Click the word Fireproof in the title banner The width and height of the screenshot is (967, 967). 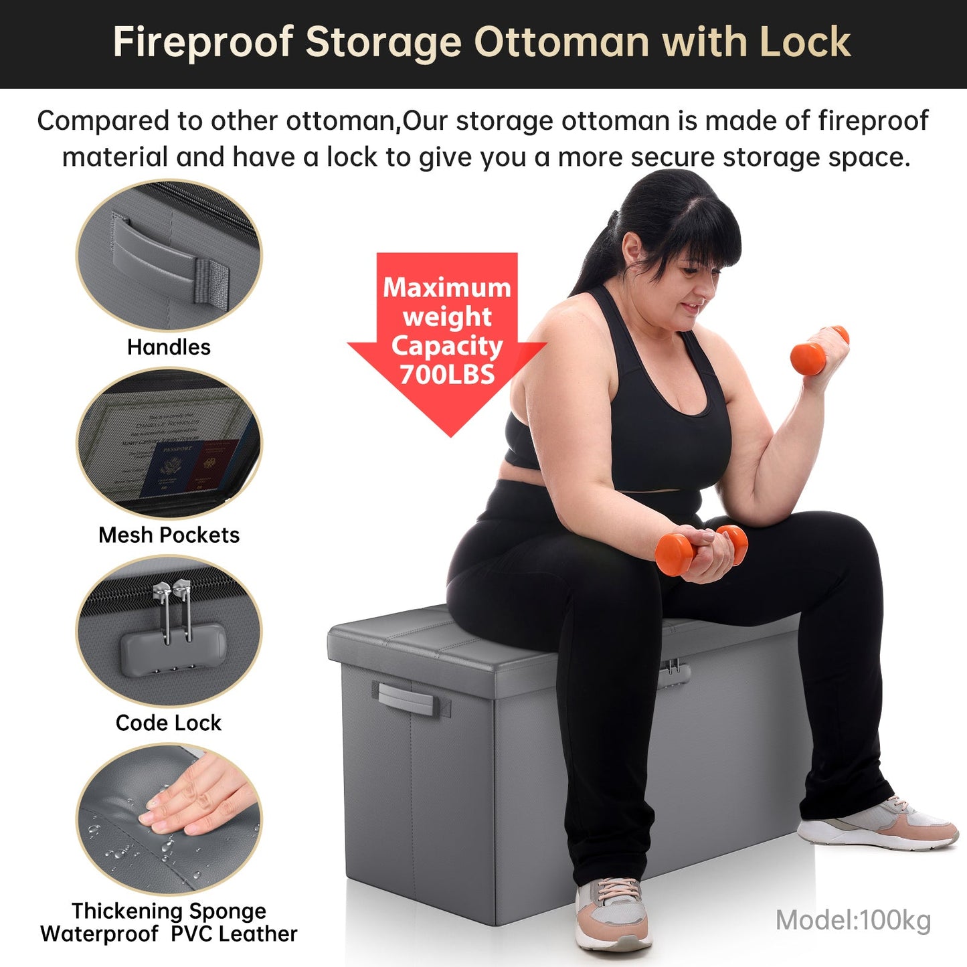click(203, 42)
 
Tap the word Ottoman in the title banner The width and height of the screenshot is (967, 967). click(561, 42)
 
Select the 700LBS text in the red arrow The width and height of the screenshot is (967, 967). click(447, 375)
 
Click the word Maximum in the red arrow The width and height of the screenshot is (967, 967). click(447, 287)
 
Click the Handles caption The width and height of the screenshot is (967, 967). click(169, 347)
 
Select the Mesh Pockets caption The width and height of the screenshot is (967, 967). click(169, 535)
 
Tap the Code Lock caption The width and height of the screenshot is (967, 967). click(169, 723)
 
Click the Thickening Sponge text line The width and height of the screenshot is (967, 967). click(169, 911)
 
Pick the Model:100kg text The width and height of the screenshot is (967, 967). click(853, 920)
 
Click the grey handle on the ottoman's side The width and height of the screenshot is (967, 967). click(406, 698)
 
